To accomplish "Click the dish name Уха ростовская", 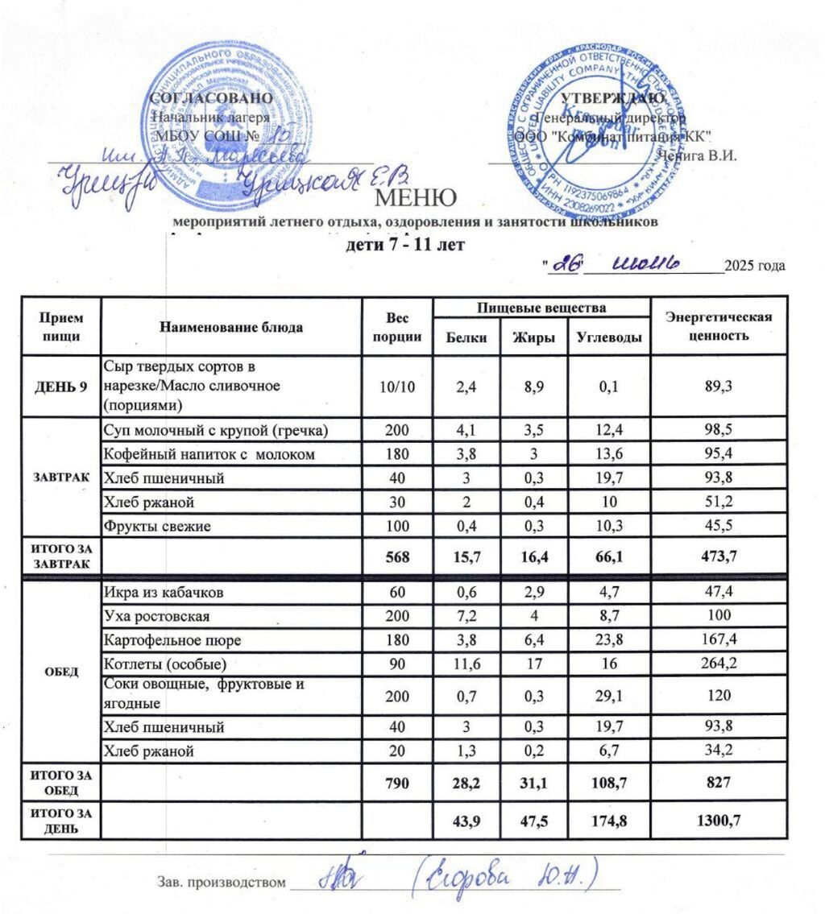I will click(157, 616).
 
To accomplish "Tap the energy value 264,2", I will click(717, 664).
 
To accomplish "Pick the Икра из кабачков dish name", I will click(162, 593).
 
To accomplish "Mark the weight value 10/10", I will click(398, 386).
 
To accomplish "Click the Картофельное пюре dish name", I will click(172, 640).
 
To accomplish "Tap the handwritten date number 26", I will click(565, 266).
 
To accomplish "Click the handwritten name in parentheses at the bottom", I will click(507, 875).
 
